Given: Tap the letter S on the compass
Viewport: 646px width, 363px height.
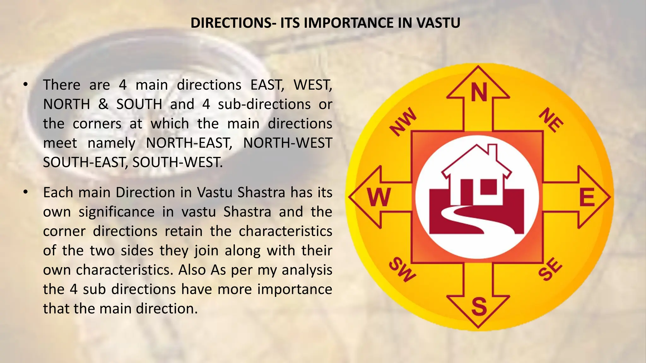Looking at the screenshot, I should [479, 306].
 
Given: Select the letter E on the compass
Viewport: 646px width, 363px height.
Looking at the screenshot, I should [587, 197].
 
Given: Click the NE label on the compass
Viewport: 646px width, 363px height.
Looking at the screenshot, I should [551, 120].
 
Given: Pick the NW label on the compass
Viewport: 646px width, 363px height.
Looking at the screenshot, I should [403, 121].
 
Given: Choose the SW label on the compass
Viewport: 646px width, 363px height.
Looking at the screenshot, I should [402, 270].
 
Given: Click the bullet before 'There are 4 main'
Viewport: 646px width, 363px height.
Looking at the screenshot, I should [26, 85].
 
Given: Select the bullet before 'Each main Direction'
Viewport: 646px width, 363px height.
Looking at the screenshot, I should [26, 192].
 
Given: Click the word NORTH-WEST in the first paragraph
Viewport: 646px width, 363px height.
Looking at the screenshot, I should [288, 143].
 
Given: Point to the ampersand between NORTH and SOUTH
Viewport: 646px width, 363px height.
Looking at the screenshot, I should [103, 104].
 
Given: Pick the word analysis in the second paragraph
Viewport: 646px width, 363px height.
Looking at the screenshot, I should [307, 270].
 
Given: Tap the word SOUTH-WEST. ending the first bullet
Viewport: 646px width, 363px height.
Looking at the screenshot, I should [177, 163].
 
